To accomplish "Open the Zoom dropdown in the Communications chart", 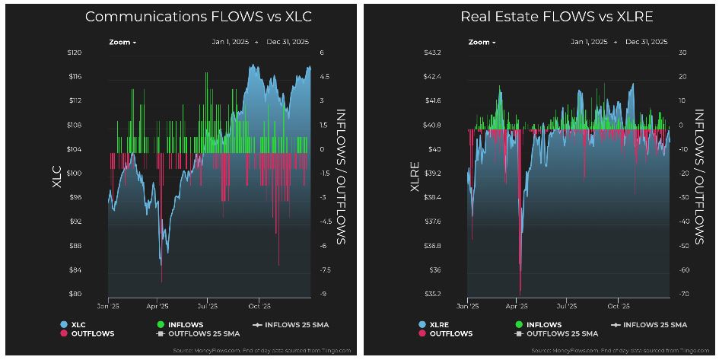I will click(122, 42).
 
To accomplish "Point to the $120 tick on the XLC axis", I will click(74, 53).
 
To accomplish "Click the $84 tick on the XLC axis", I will click(75, 270).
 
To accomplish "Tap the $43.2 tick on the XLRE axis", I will click(433, 53).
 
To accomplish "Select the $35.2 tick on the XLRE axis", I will click(433, 294).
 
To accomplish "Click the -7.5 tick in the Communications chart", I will click(325, 270).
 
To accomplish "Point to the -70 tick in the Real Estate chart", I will click(684, 294).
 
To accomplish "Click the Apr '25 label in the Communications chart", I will click(157, 306).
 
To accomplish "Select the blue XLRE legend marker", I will click(422, 325).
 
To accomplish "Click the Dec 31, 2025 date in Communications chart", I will click(288, 42).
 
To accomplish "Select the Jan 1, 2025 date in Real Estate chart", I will click(589, 42).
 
